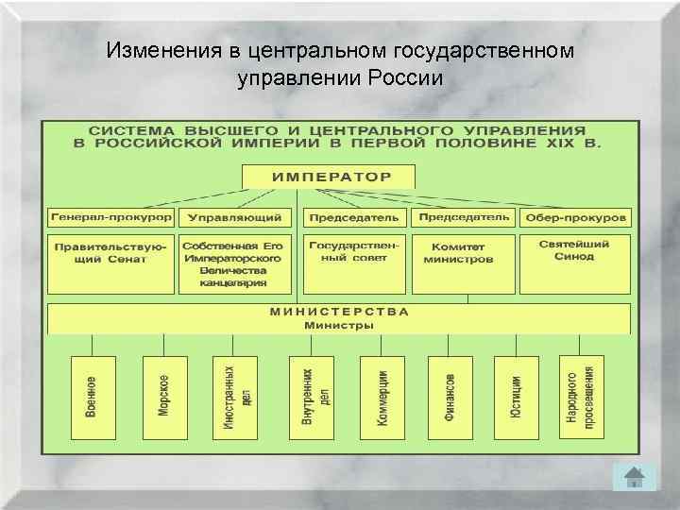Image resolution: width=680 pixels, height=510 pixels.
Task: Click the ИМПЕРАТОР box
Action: (x=330, y=177)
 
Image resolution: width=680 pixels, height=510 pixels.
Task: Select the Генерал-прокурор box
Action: (x=110, y=217)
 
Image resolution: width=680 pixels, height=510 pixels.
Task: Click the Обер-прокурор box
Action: (x=576, y=217)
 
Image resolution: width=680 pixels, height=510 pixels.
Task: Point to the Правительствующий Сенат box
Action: (x=110, y=264)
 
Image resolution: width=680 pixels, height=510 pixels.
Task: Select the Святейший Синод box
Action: (x=576, y=264)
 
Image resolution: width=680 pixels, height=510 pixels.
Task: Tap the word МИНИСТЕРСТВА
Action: (x=339, y=311)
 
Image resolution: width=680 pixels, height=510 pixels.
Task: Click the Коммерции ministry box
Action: (x=382, y=398)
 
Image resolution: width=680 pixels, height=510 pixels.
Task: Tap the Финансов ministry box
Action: (x=450, y=398)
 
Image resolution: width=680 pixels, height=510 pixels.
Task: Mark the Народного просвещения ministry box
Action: (x=583, y=398)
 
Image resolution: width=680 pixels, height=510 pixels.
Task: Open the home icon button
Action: (x=633, y=479)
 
